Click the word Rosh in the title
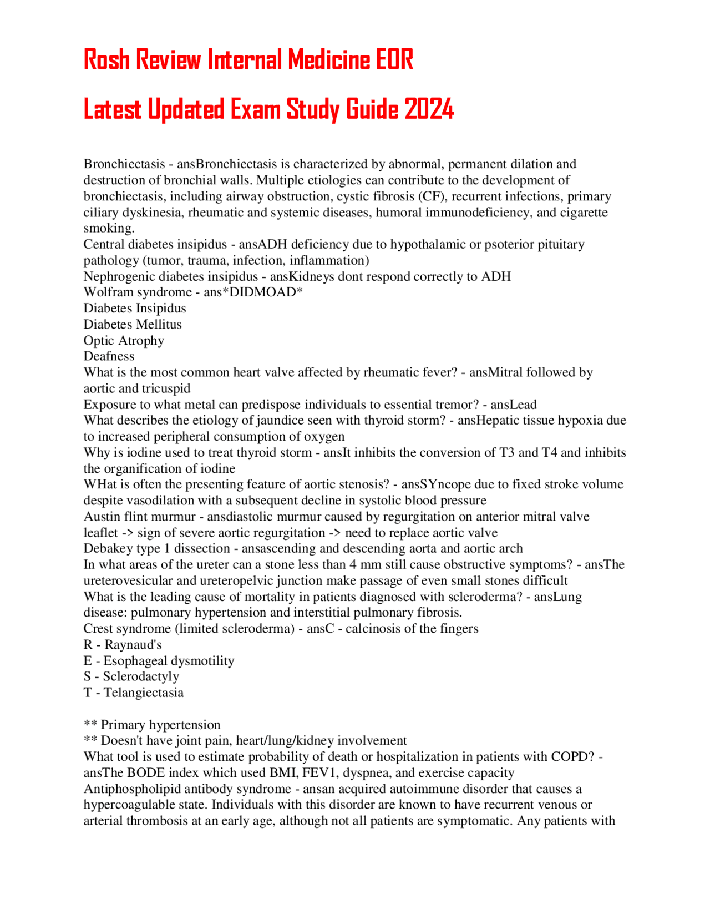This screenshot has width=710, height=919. [x=106, y=59]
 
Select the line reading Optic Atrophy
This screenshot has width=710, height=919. [x=124, y=340]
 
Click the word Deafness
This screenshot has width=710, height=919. [x=109, y=356]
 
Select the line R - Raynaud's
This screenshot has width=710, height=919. [x=123, y=645]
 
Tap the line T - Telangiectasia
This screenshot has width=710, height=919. [x=133, y=693]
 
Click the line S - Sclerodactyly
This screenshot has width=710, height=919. [x=131, y=676]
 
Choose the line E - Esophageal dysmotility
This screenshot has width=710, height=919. [x=159, y=661]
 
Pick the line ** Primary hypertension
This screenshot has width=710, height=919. [x=152, y=725]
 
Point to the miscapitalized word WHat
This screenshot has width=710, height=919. [x=100, y=484]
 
